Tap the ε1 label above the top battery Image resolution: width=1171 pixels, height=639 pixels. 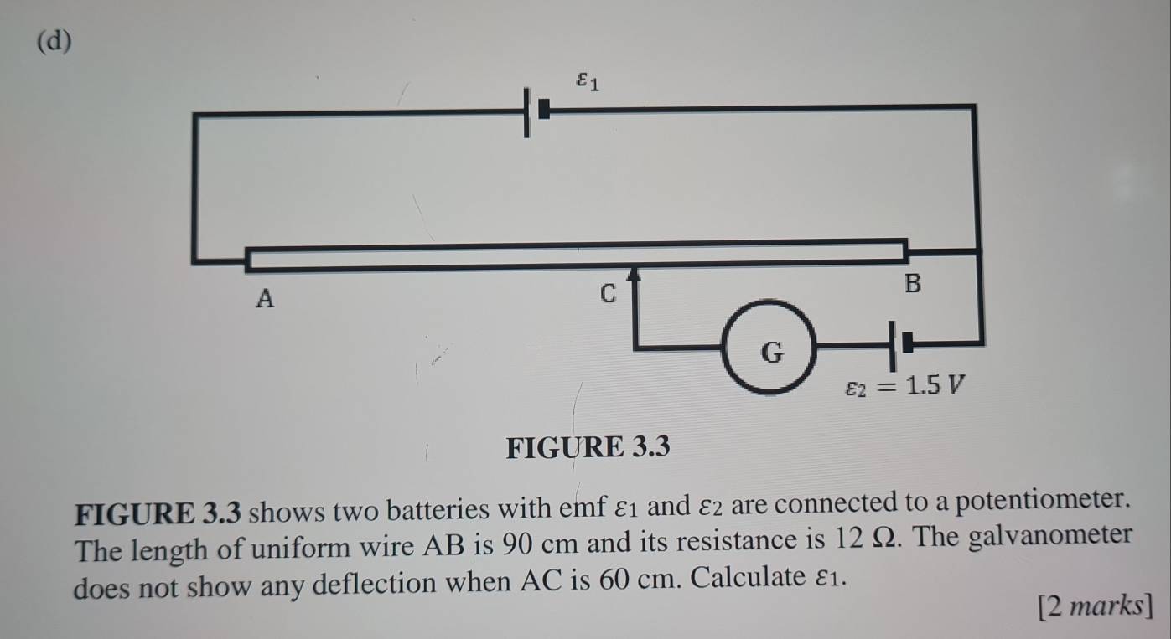point(588,82)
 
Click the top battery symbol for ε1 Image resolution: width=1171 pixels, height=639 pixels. point(536,111)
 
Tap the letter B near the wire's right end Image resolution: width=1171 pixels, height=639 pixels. point(912,284)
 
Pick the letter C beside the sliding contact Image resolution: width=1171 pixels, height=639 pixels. point(608,293)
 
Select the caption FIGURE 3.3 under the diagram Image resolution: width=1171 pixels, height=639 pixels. point(589,448)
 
